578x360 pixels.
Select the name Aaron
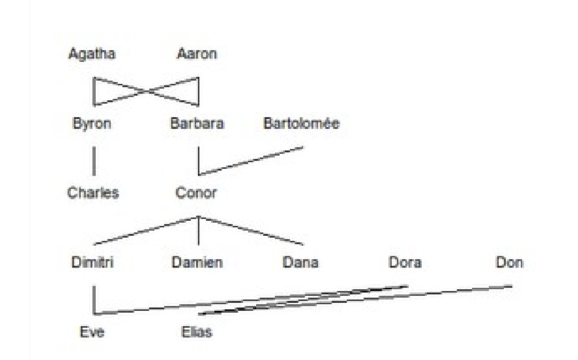(197, 54)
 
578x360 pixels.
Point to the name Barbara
(197, 124)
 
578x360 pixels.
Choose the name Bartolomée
(302, 124)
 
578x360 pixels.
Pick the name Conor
(197, 193)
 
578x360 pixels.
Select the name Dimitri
(93, 262)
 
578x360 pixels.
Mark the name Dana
(300, 262)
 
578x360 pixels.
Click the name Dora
(405, 262)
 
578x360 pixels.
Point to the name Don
(510, 262)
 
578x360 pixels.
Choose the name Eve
(92, 332)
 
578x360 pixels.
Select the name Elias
(197, 332)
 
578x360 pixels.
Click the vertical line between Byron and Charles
(94, 161)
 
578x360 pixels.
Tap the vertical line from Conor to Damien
(198, 231)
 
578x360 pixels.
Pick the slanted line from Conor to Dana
(251, 231)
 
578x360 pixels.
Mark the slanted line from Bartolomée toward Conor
(251, 161)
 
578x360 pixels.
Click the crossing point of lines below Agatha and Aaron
(147, 92)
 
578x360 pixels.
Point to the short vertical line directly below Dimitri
(94, 300)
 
